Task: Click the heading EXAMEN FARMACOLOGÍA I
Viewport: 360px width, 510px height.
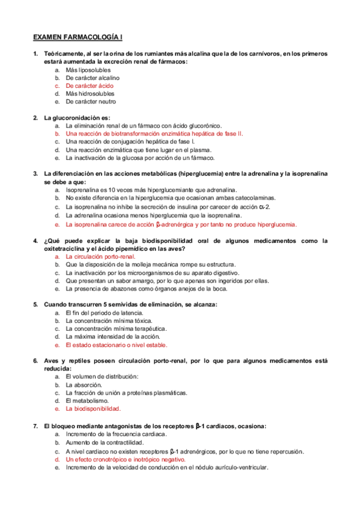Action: coord(77,37)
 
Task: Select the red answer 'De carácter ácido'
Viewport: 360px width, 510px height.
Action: coord(90,85)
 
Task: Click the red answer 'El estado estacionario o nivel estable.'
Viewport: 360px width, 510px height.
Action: coord(116,345)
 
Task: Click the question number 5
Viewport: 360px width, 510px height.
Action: coord(35,304)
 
